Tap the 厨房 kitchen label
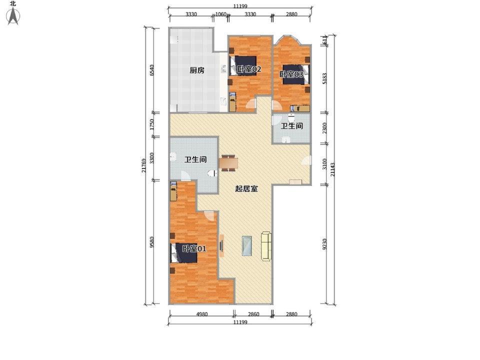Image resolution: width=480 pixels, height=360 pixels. pos(197,70)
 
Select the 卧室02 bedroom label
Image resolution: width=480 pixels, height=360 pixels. pos(249,69)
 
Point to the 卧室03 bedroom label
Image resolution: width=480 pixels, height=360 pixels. pos(291,74)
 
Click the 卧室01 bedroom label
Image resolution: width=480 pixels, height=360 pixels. pos(194,248)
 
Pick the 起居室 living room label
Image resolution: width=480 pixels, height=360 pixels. pos(246,188)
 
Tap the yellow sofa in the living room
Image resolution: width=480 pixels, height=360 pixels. pos(266,246)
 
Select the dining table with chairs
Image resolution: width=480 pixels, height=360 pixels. pos(228,162)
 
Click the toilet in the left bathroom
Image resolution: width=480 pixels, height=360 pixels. pos(212,173)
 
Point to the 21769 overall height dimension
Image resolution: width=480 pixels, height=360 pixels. pos(144,165)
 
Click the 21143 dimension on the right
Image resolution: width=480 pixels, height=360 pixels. pos(333,169)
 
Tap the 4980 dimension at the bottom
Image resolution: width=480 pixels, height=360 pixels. pos(201,314)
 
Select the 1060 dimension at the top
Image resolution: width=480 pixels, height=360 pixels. pos(220,14)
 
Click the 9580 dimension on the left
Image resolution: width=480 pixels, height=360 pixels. pos(152,242)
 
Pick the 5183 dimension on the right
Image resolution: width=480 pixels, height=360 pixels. pos(325,78)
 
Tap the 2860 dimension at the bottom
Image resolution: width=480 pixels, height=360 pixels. pos(253,314)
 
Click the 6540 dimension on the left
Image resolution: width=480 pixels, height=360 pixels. pos(152,70)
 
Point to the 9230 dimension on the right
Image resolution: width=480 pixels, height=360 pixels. pos(325,244)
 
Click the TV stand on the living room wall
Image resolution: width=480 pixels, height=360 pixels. pos(221,245)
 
